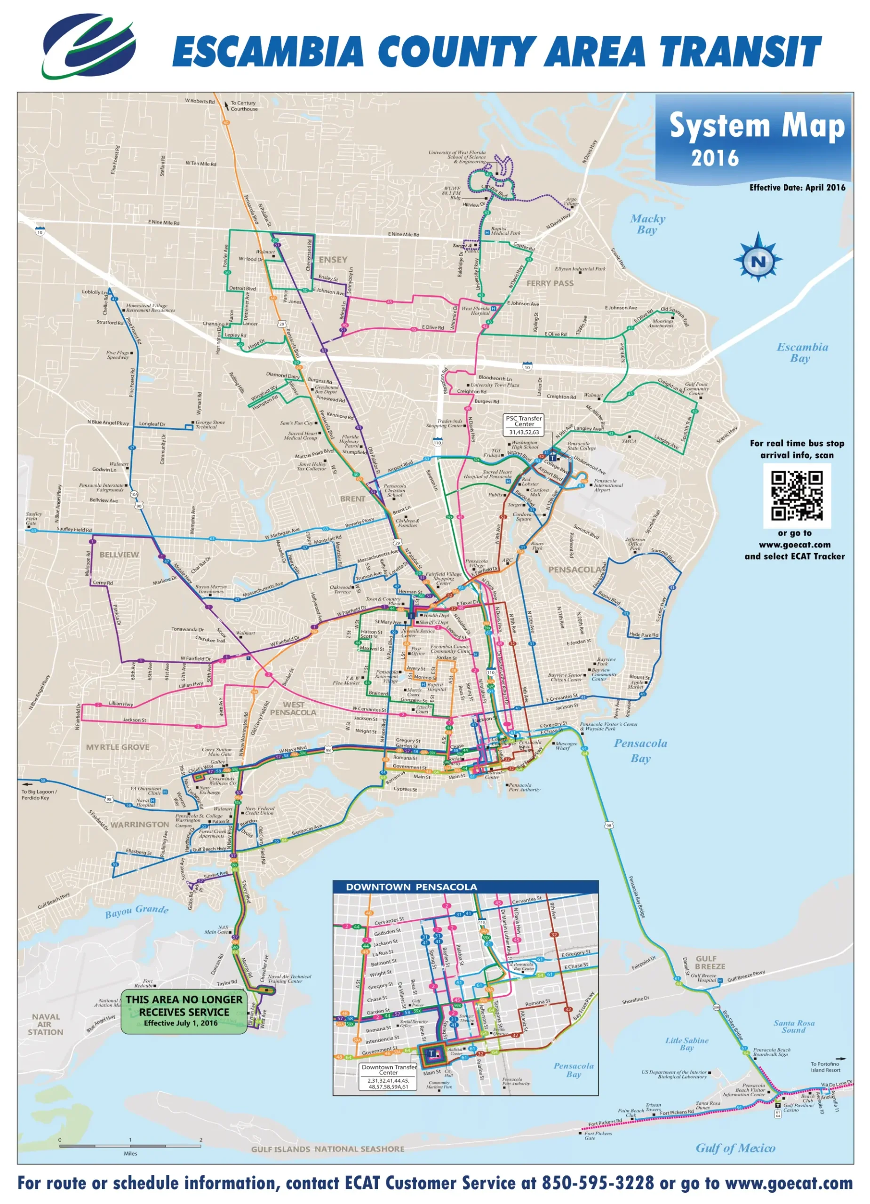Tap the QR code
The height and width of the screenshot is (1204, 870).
point(797,495)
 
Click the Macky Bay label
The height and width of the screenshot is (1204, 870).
point(647,224)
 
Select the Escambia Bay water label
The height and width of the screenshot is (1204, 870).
point(802,352)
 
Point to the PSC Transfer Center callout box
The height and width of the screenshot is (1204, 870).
point(524,425)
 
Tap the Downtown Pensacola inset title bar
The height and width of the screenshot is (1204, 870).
point(465,887)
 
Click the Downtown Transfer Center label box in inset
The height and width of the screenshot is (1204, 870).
point(389,1076)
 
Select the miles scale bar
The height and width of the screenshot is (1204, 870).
point(130,1146)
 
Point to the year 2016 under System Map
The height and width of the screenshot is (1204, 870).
point(714,158)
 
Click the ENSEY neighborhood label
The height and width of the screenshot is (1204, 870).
point(333,260)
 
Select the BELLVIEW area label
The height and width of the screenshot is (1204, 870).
point(119,555)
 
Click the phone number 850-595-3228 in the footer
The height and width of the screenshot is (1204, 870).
point(598,1183)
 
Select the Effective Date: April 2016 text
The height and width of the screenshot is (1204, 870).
point(797,187)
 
